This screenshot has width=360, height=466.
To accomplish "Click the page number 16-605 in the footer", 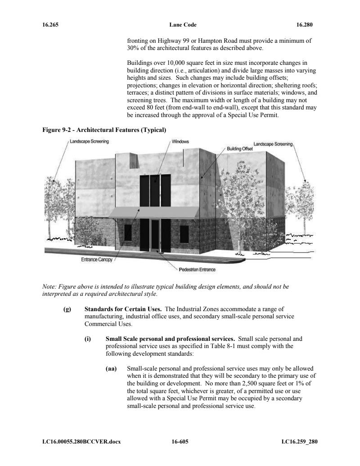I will click(x=180, y=441).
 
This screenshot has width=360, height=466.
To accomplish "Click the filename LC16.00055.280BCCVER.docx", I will click(x=79, y=441).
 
